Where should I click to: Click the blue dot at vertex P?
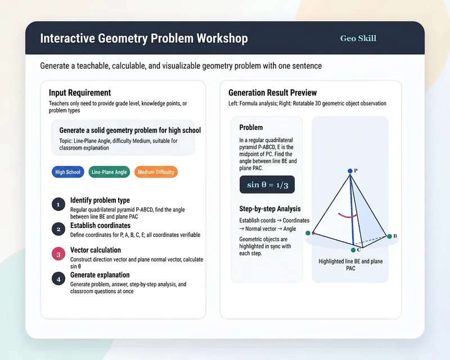[350, 171]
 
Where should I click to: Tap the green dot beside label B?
[389, 236]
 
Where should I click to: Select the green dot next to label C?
[353, 250]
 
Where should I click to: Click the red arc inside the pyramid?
[348, 215]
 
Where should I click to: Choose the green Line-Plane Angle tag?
[109, 172]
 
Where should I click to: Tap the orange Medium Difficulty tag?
[156, 172]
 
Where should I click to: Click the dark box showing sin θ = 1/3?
[267, 184]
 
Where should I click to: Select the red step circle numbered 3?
[58, 254]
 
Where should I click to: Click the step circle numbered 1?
[58, 204]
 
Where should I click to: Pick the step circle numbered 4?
[58, 279]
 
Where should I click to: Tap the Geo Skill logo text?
[358, 38]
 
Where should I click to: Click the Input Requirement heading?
[80, 93]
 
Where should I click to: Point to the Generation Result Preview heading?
[273, 93]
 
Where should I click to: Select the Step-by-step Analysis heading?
[270, 209]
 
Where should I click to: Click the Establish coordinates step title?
[101, 226]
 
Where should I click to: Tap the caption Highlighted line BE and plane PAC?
[350, 265]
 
